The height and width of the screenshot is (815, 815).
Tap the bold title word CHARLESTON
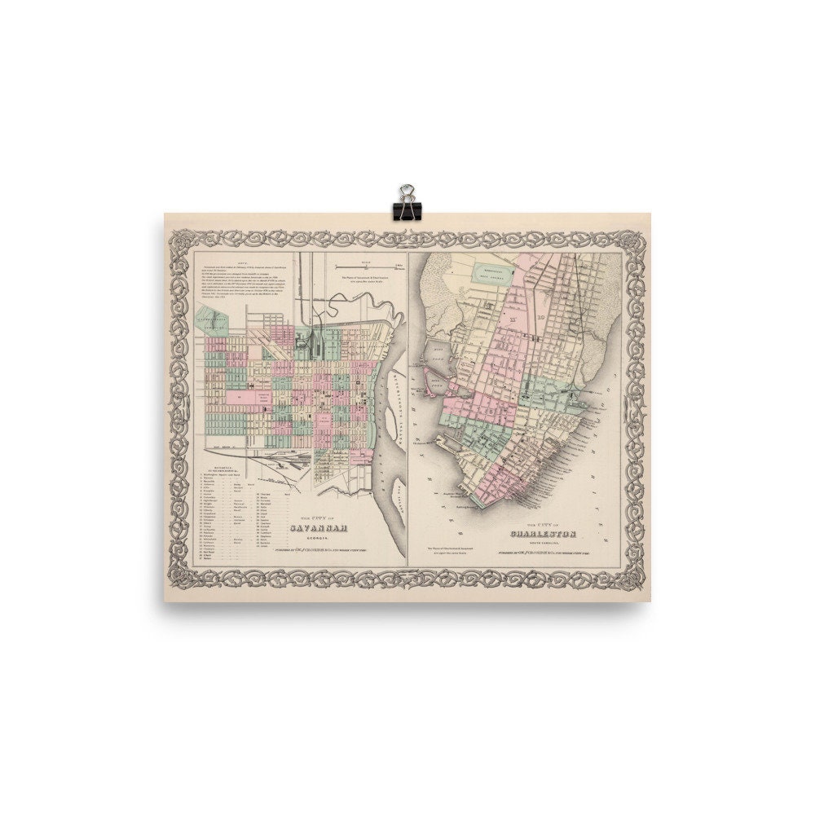tap(544, 534)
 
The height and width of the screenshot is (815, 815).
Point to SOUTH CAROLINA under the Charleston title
tap(544, 544)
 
